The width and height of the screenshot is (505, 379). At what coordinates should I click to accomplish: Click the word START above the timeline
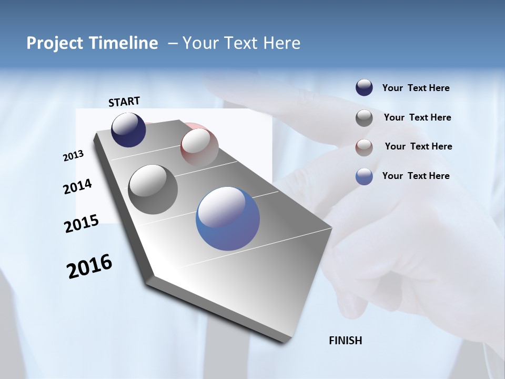click(x=124, y=102)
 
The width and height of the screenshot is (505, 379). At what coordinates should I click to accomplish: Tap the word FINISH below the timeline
click(x=345, y=341)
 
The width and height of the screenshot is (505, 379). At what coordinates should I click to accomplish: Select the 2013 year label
click(x=74, y=156)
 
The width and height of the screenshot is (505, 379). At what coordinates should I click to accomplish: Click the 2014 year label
click(x=78, y=187)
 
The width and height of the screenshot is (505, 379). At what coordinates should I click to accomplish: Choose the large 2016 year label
click(x=89, y=266)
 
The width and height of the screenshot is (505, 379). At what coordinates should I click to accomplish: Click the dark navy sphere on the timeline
click(x=128, y=130)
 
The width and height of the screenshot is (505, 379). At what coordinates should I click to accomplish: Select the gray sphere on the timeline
click(x=153, y=189)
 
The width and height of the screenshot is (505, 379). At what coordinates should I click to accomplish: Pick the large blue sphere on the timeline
click(x=228, y=218)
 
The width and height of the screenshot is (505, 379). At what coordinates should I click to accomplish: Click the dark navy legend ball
click(x=364, y=88)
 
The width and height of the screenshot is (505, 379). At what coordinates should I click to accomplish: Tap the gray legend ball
click(x=364, y=118)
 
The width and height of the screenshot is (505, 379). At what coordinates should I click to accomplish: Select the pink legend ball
click(x=364, y=147)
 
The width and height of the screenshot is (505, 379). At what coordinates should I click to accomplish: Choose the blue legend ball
click(x=364, y=176)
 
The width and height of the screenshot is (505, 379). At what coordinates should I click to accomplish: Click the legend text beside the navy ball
click(x=416, y=88)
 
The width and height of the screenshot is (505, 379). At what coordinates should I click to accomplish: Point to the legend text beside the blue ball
click(x=416, y=176)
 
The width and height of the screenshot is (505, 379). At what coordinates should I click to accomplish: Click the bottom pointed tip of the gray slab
click(x=285, y=341)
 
